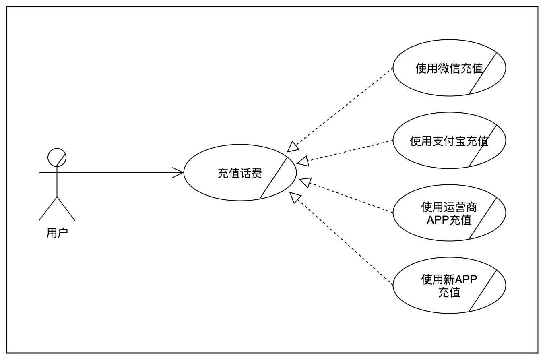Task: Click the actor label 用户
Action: point(57,233)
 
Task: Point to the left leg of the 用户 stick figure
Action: point(48,209)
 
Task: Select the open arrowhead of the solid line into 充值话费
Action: point(179,172)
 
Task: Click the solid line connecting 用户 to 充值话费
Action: point(121,172)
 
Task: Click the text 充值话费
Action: point(239,173)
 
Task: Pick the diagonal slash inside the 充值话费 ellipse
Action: point(274,178)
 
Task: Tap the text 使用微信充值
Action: point(449,68)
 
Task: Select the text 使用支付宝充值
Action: point(449,141)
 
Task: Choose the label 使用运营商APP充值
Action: point(449,213)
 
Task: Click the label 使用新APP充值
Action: point(449,286)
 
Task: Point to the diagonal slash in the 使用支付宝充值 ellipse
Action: point(483,145)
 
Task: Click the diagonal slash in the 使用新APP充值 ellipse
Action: point(483,290)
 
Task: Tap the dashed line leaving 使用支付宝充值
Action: point(350,151)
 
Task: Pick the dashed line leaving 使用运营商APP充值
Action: point(350,198)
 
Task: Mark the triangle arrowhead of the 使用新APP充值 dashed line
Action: point(295,197)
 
